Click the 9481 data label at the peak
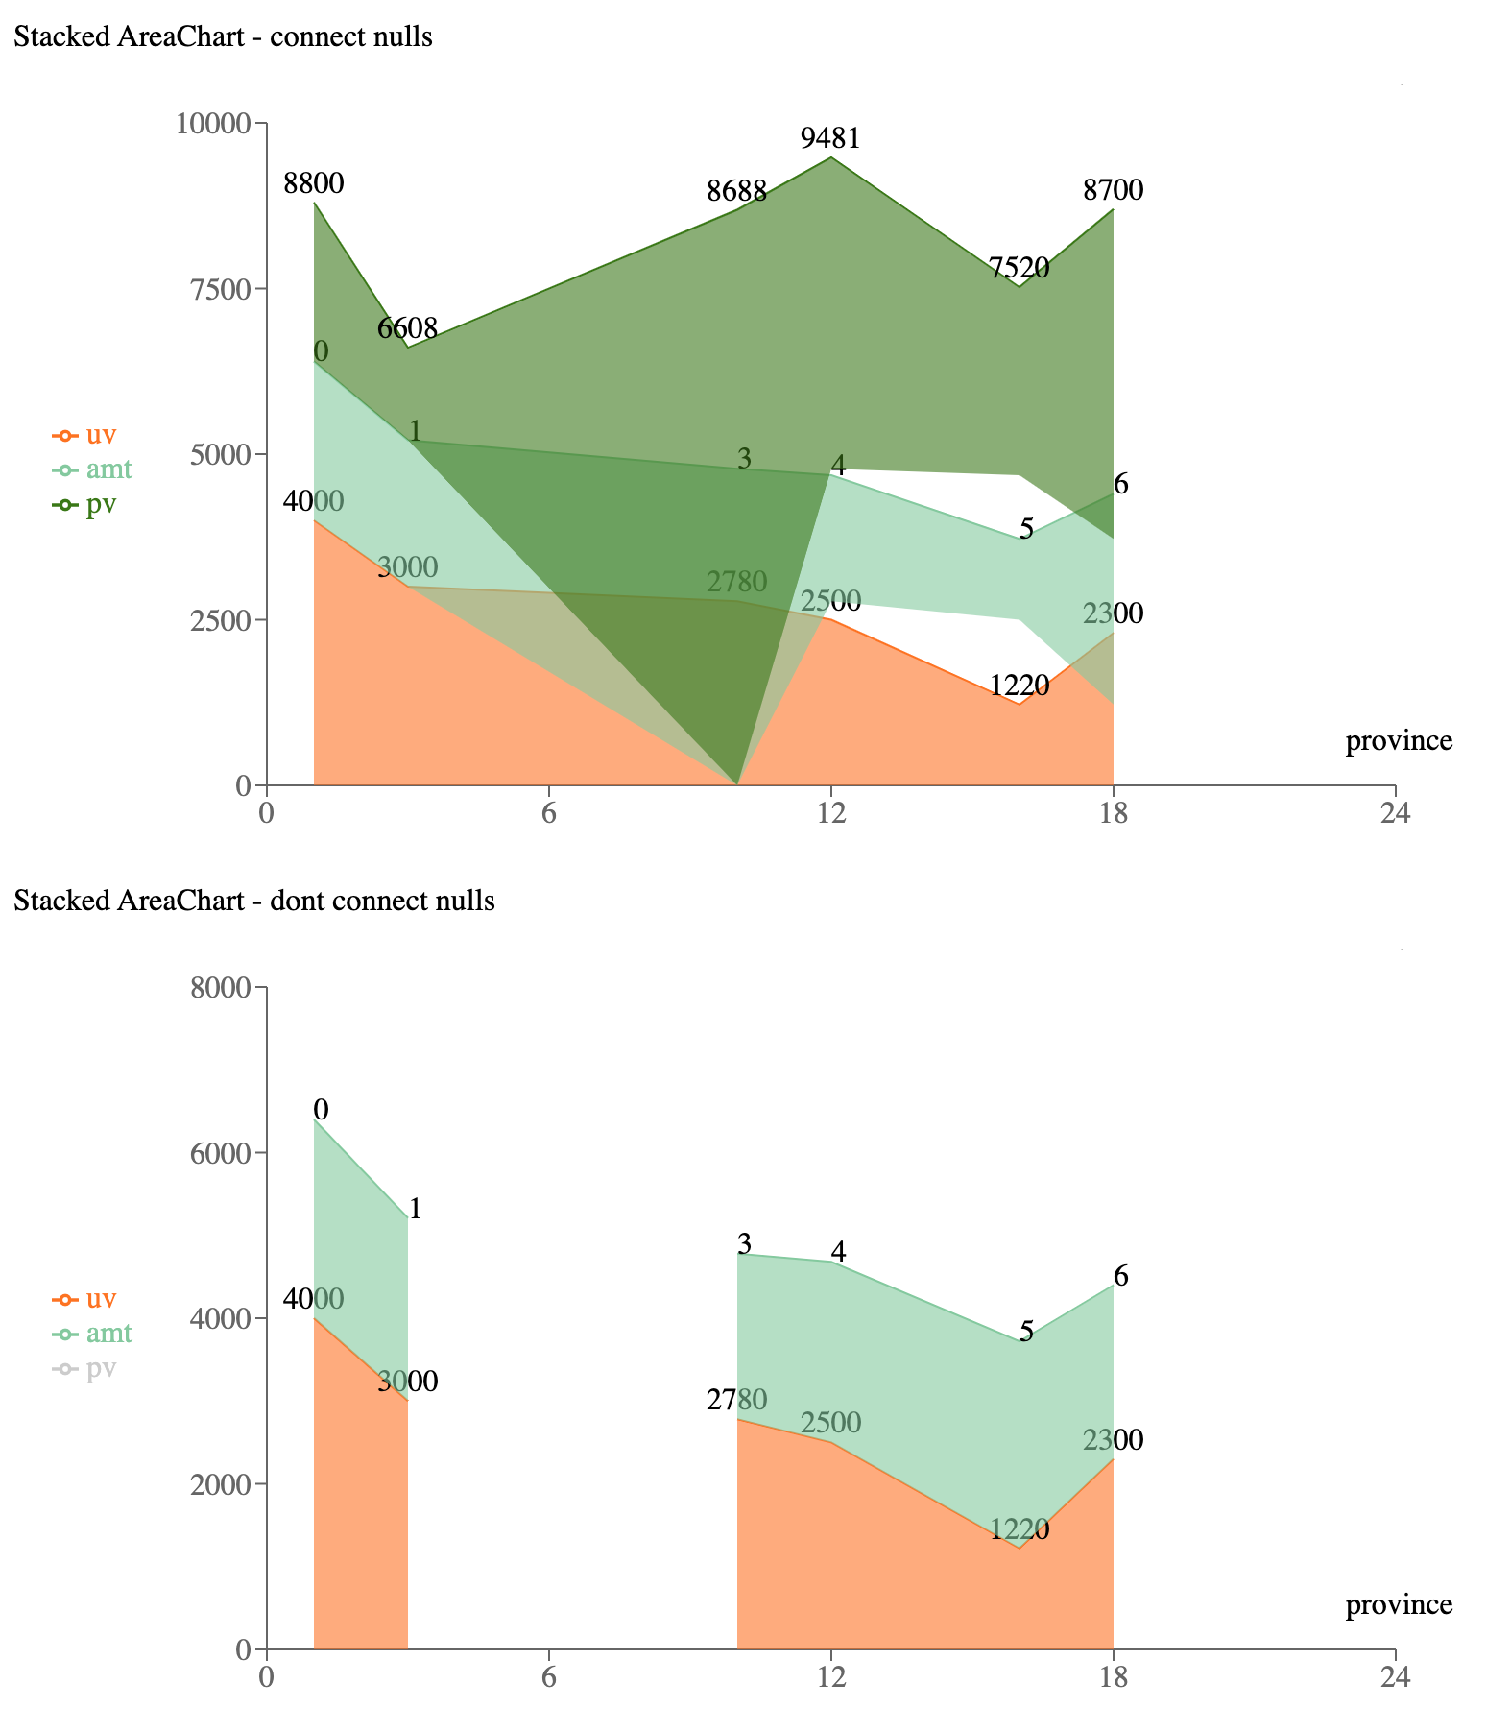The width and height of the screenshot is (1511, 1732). (x=830, y=139)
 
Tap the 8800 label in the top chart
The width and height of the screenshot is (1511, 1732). (x=313, y=183)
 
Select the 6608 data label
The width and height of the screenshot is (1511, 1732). (x=407, y=329)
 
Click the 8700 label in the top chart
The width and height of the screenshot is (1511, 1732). (x=1113, y=191)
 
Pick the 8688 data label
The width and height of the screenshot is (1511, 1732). (x=736, y=191)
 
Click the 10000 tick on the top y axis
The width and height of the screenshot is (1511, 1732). (x=213, y=124)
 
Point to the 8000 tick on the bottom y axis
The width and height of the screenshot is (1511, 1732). (x=220, y=988)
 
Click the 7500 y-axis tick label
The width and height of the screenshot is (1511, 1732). (x=220, y=289)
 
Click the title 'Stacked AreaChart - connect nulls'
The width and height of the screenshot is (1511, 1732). (x=223, y=37)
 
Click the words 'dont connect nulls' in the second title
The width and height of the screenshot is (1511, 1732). (x=400, y=902)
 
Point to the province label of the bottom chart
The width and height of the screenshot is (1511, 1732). (x=1399, y=1605)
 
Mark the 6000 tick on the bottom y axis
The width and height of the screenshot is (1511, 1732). (x=220, y=1153)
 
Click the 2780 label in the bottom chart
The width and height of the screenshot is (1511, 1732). (x=736, y=1400)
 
